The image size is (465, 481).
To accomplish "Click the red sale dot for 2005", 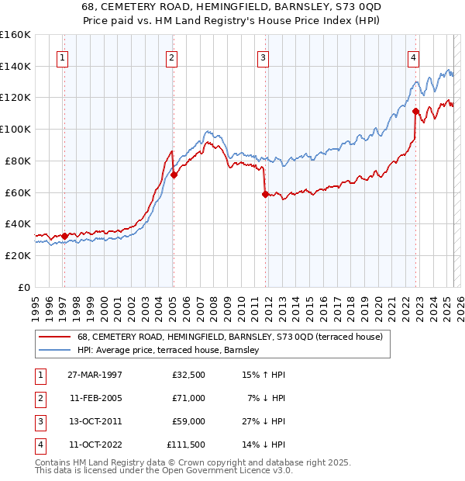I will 174,175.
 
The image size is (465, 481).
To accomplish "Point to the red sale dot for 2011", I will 265,194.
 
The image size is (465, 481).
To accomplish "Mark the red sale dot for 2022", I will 416,111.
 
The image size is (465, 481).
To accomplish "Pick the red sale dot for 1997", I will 64,235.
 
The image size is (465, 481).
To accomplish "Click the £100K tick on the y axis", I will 15,129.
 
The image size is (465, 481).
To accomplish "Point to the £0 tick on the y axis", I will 23,287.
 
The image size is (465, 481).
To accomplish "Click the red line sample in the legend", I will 55,337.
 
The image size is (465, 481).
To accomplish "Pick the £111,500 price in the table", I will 186,445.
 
